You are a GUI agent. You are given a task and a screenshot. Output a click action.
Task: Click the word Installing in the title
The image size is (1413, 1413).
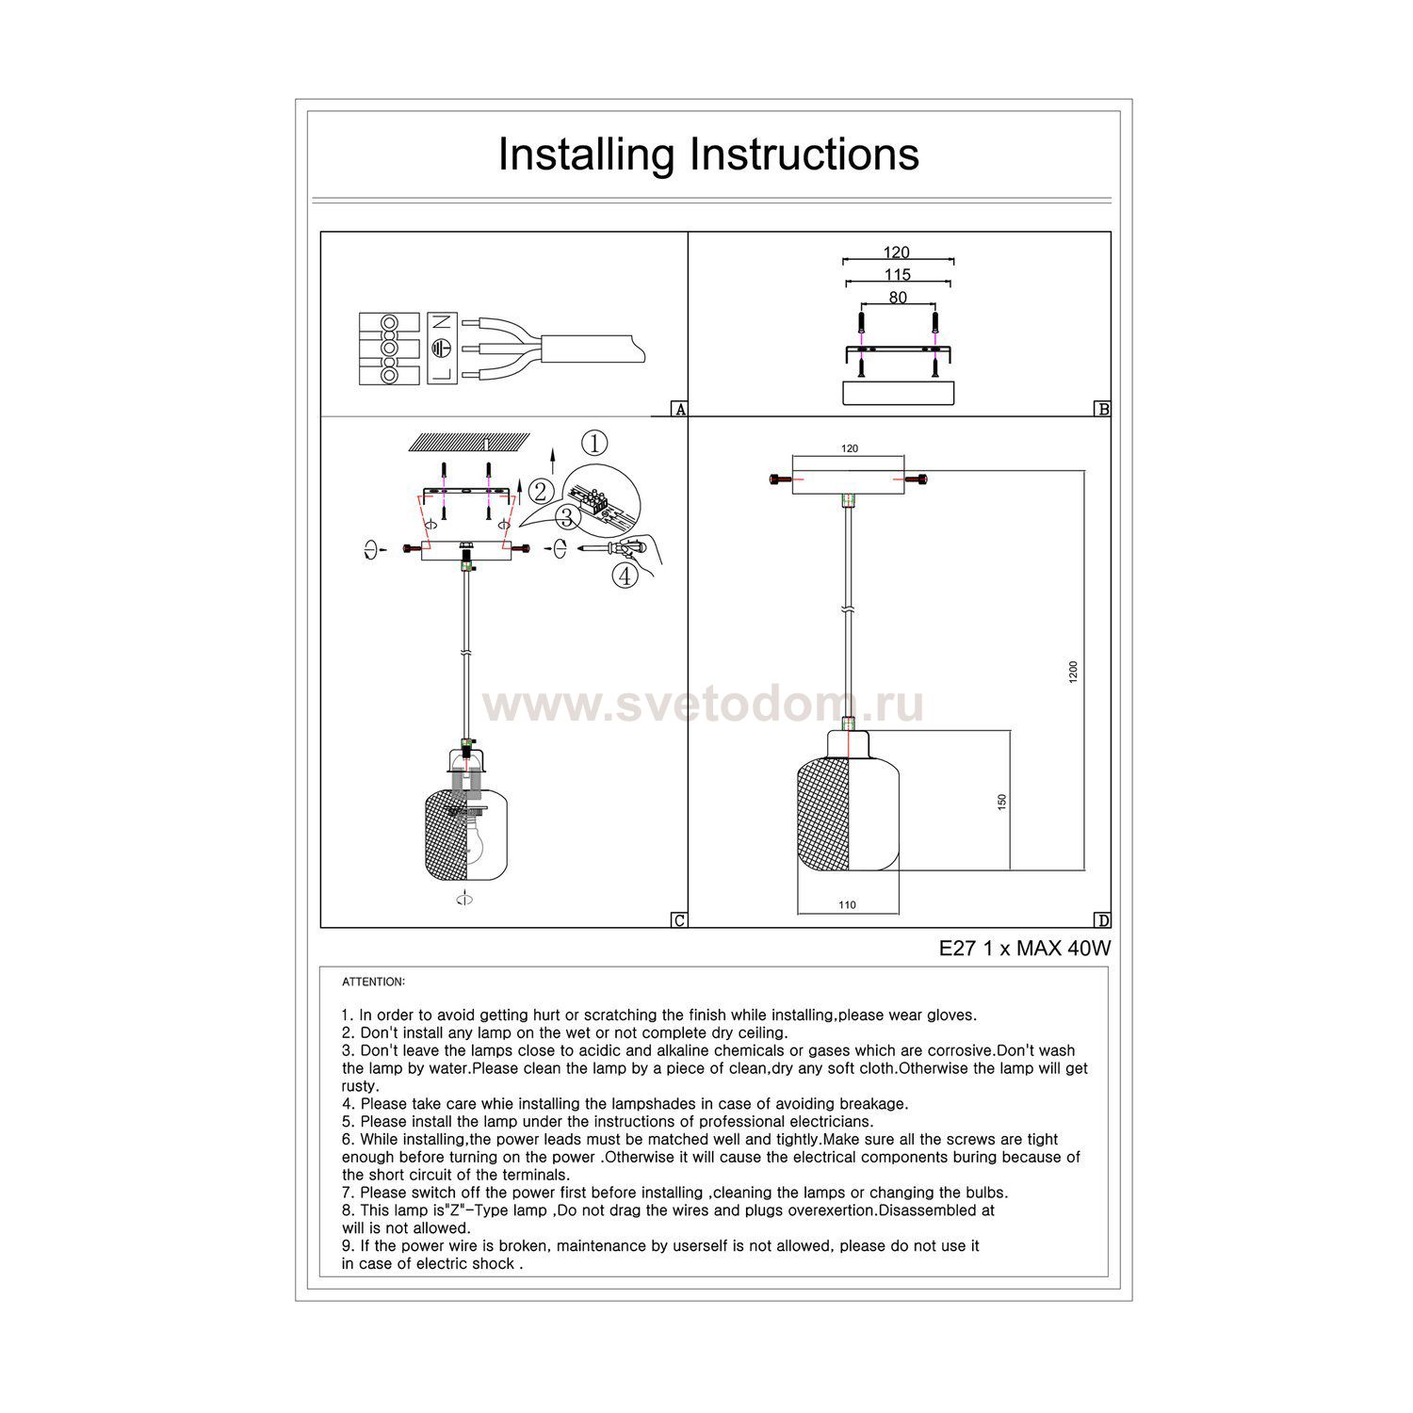587,155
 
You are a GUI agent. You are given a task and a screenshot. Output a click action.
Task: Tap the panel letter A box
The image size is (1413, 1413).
678,409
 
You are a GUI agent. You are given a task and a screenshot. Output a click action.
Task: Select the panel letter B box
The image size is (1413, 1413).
1102,409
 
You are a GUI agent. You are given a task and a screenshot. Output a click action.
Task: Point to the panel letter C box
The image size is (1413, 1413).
678,920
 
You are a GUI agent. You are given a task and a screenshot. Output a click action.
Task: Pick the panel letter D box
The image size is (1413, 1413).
1102,920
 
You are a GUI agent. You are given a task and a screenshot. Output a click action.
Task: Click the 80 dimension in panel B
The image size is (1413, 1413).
898,298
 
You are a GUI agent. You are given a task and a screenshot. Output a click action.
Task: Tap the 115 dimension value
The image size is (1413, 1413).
898,275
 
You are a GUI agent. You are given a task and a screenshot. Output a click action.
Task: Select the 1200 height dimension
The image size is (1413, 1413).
1073,673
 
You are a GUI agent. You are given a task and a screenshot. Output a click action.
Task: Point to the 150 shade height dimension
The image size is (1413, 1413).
1002,802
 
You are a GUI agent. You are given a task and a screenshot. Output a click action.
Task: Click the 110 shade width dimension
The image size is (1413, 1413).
847,905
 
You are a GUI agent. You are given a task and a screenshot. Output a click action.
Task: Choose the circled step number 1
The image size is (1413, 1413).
594,443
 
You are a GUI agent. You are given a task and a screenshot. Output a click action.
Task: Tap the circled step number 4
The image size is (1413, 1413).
625,576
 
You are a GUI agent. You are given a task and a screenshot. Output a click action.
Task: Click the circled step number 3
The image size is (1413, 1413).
567,517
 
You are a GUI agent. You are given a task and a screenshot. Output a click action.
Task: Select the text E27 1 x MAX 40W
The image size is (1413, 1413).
1025,949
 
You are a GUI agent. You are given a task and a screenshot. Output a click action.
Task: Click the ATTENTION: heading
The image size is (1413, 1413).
373,982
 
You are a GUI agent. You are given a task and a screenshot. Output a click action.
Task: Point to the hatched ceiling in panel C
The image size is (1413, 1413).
467,441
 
